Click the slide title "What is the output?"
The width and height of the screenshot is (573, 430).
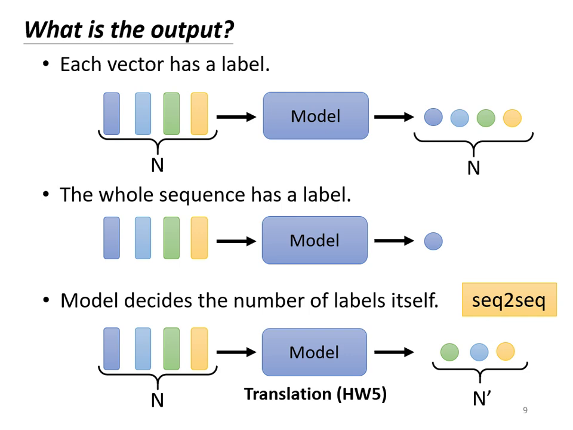(x=129, y=29)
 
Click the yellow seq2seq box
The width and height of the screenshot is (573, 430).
(x=509, y=300)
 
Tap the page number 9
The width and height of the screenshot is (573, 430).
(x=525, y=410)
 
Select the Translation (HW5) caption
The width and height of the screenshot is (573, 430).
(x=315, y=394)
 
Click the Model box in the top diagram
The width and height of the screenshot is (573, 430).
(x=316, y=116)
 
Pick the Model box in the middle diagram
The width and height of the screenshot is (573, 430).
(x=315, y=240)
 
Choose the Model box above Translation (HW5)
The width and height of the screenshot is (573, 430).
(x=315, y=352)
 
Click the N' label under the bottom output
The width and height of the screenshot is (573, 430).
(x=480, y=399)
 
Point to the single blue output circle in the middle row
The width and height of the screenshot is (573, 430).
(x=433, y=241)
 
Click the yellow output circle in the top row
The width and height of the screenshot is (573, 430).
(x=512, y=118)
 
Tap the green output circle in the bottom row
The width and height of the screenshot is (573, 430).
(x=449, y=352)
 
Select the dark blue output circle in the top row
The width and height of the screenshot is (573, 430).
(x=433, y=118)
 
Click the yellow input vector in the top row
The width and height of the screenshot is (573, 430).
(x=199, y=113)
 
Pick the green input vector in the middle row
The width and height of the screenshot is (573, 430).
(x=171, y=238)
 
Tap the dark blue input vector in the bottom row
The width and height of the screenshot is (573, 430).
(x=112, y=349)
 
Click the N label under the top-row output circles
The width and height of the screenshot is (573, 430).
(x=473, y=168)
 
